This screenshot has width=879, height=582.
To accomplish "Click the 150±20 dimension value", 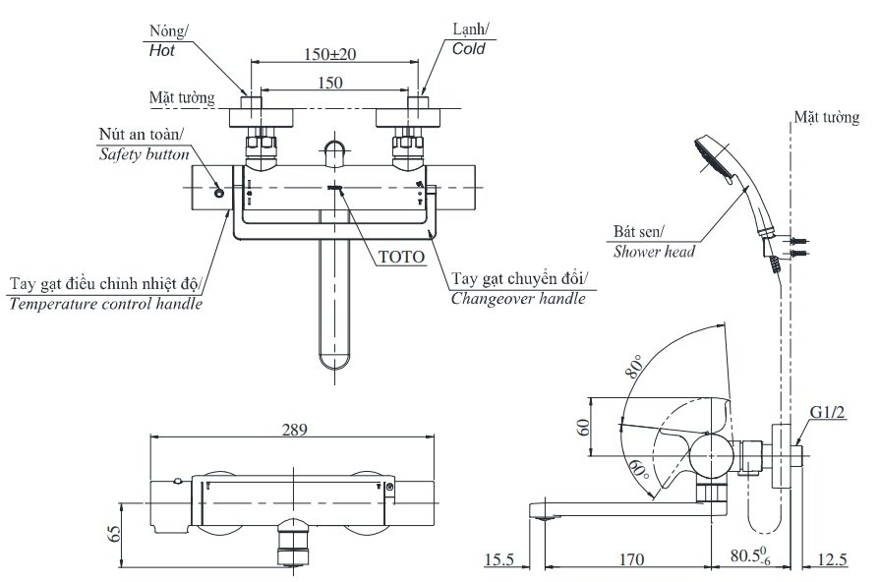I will click(329, 52).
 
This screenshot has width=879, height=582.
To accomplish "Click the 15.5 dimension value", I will click(498, 559).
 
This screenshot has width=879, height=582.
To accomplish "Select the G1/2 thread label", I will click(827, 412).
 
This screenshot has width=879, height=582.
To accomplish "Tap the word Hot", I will click(161, 48).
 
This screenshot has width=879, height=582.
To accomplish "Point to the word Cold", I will click(468, 48).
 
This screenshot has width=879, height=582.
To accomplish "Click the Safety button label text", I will click(143, 153).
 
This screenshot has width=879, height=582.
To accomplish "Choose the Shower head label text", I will click(654, 251).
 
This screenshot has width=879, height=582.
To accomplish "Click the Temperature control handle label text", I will click(106, 304).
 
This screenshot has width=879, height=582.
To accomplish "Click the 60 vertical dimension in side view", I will click(582, 427).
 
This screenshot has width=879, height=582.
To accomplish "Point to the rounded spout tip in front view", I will click(335, 362).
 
